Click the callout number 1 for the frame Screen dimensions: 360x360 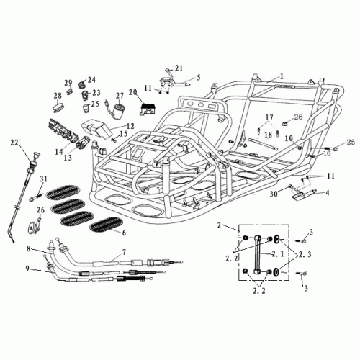coord(282,76)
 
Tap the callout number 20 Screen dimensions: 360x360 coord(134,92)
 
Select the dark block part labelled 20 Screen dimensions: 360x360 coord(147,109)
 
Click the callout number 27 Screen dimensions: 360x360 coord(120,96)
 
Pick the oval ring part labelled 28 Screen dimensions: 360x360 coord(59,107)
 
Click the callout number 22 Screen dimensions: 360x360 coord(14,143)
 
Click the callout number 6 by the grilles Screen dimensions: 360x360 coord(124,233)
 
